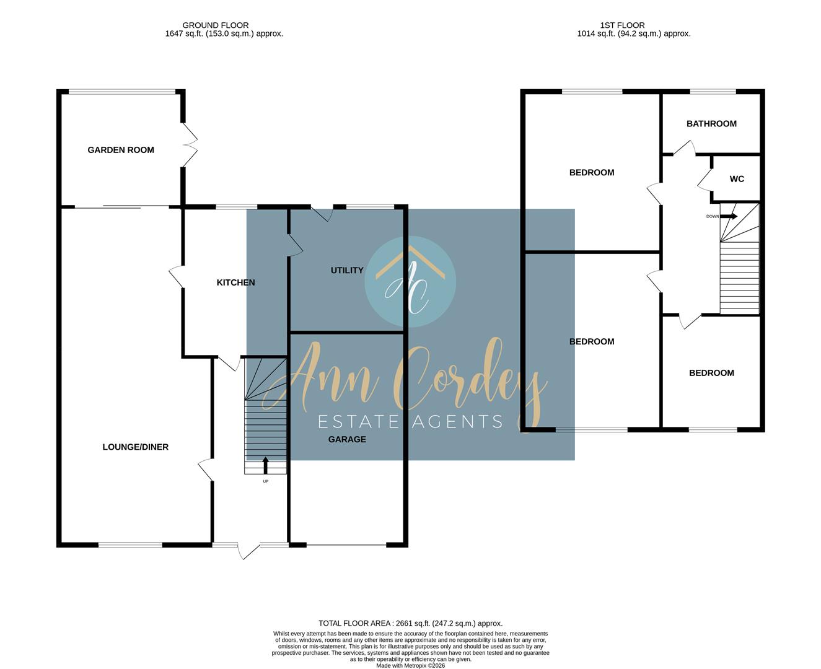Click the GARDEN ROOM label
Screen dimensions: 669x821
(x=121, y=150)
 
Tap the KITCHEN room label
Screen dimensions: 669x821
(x=235, y=282)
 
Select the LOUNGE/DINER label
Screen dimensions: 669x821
(x=135, y=447)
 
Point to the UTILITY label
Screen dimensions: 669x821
(x=347, y=271)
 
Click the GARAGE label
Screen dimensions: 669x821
(x=347, y=439)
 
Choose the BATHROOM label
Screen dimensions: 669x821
(x=711, y=124)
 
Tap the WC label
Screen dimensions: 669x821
(x=737, y=179)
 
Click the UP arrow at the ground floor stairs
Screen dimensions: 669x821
(x=266, y=465)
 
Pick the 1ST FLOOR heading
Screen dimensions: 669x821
(x=622, y=25)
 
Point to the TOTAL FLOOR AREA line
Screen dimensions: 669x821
(x=410, y=623)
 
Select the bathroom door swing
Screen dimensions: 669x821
(x=685, y=149)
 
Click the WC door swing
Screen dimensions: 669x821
(x=705, y=180)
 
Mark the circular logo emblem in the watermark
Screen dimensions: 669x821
(x=410, y=282)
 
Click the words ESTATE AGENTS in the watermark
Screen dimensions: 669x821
(x=410, y=422)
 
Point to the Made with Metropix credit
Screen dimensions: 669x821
(x=410, y=666)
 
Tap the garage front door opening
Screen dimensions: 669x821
(x=346, y=545)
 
